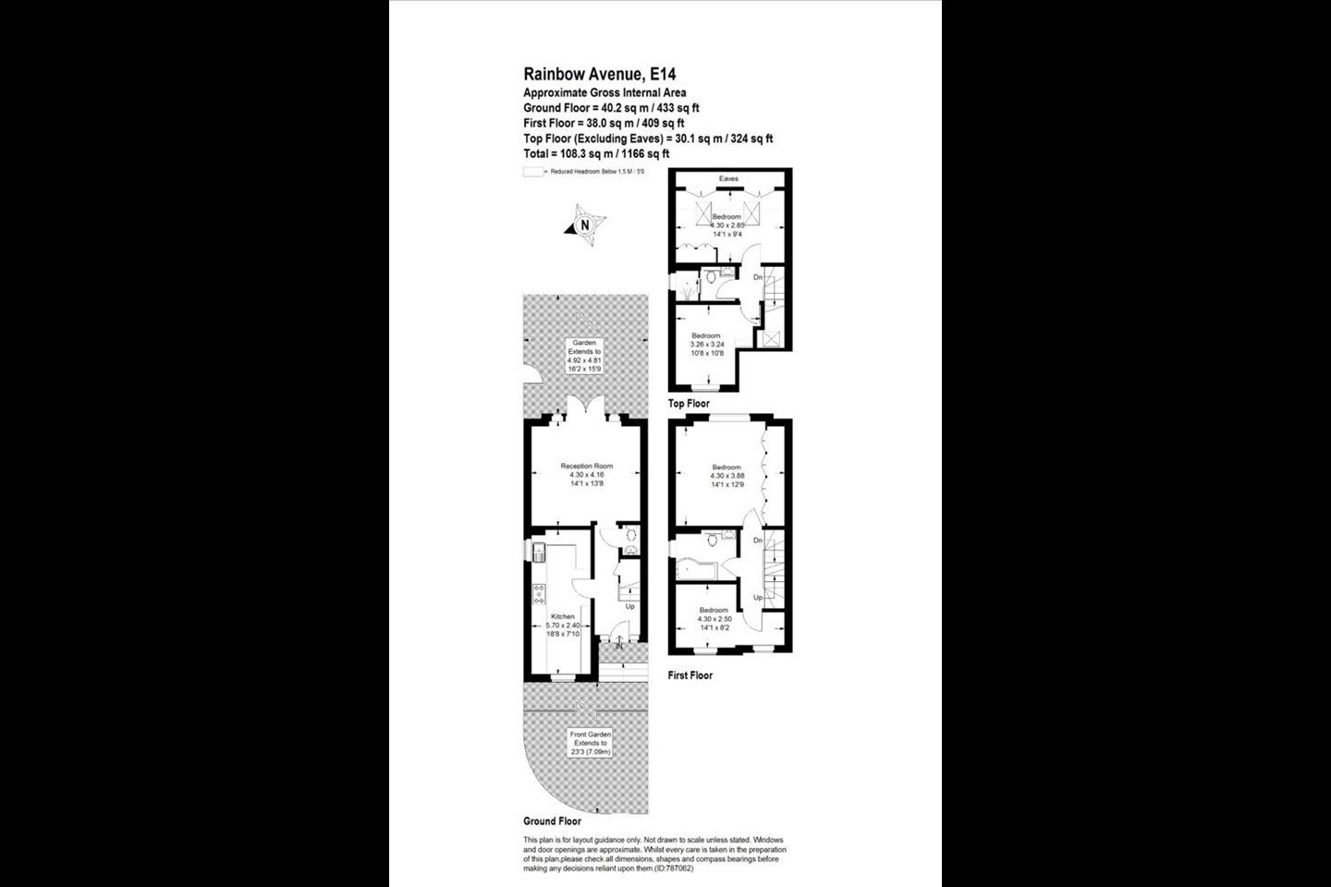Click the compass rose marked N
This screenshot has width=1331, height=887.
point(584,225)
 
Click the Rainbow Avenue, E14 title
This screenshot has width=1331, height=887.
point(592,74)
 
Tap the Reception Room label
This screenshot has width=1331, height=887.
point(586,466)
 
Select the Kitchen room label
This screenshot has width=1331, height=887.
point(562,616)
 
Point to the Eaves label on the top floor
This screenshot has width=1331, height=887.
point(728,178)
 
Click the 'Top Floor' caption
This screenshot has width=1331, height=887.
point(690,404)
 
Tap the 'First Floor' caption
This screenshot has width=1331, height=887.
point(690,675)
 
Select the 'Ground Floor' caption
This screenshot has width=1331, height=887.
point(552,820)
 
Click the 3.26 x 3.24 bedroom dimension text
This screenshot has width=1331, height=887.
point(706,344)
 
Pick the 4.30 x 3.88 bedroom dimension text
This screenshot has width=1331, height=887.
point(727,475)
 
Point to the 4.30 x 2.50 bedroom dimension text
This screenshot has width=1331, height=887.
point(714,619)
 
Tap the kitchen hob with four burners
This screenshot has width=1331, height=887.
point(537,594)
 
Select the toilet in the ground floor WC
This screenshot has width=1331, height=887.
point(632,535)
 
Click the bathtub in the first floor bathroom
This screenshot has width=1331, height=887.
point(695,565)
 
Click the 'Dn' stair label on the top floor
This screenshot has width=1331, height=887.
point(757,277)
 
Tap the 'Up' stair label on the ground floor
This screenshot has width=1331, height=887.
point(629,607)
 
